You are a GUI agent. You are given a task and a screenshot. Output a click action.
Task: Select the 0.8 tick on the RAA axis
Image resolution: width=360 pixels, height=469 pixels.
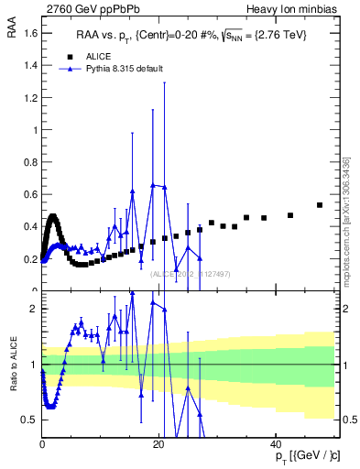coord(29,162)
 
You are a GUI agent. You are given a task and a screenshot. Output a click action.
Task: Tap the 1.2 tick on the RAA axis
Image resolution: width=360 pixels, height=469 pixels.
coord(29,98)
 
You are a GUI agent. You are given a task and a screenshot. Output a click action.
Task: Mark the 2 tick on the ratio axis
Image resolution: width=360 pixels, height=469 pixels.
coord(33,309)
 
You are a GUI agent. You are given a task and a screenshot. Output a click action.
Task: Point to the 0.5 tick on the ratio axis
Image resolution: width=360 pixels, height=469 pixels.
coord(30,420)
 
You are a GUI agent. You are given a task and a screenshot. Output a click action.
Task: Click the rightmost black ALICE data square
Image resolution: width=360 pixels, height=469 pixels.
coord(320,205)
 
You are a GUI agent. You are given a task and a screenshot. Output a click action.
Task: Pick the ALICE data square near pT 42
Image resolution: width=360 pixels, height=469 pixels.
coord(290,215)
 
